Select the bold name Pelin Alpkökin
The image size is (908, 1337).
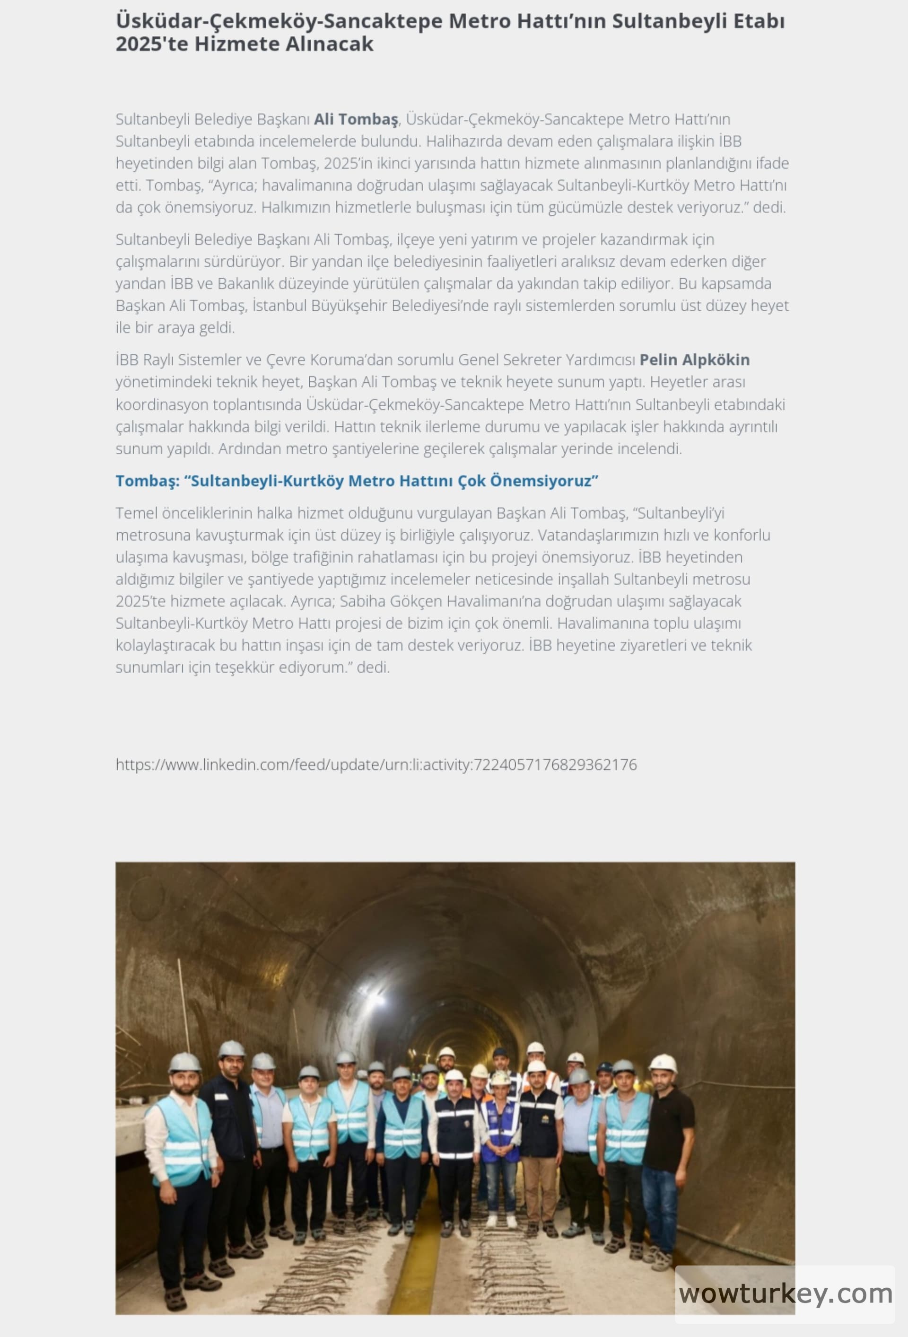point(694,360)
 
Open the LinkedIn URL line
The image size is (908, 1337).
point(376,765)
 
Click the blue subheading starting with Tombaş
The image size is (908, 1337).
point(357,481)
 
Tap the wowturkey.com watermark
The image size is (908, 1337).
point(785,1294)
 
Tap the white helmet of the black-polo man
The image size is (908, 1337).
point(663,1063)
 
